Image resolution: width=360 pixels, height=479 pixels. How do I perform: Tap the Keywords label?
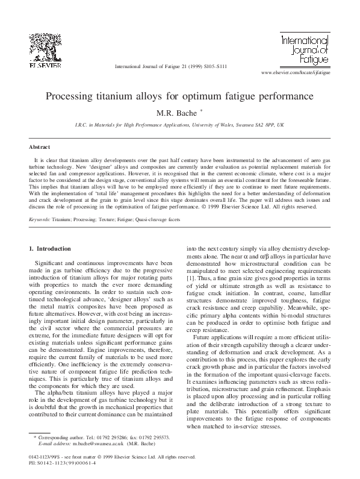pyautogui.click(x=40, y=220)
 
